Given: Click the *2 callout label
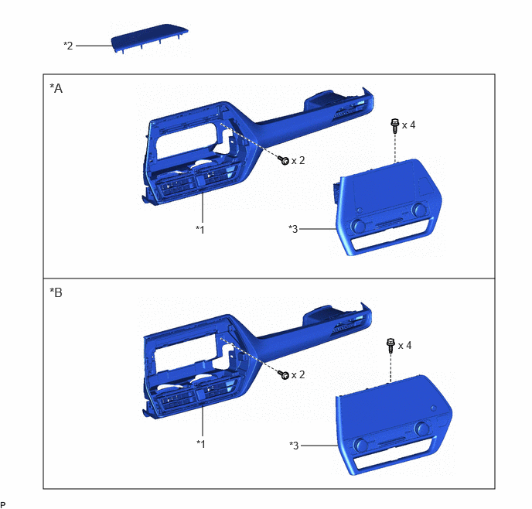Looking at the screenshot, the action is click(x=68, y=46).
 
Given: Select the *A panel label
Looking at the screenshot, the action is click(x=56, y=88).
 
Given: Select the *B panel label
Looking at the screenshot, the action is click(x=56, y=292).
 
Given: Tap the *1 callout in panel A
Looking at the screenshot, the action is click(x=200, y=230).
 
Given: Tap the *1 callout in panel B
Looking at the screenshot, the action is click(x=201, y=443).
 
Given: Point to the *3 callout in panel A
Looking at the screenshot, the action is click(x=293, y=229).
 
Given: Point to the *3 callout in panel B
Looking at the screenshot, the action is click(x=294, y=445).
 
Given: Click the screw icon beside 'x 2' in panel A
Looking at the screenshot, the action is click(x=284, y=160).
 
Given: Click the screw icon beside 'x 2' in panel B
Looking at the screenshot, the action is click(x=284, y=374).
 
